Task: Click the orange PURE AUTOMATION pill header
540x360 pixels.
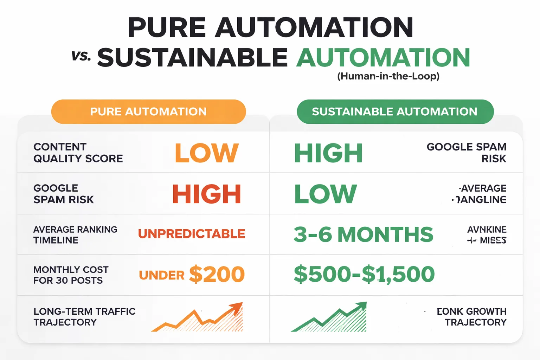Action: tap(148, 112)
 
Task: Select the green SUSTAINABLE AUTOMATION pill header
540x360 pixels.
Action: tap(395, 112)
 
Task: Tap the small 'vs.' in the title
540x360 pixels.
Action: tap(81, 56)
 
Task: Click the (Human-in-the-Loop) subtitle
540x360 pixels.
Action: tap(388, 76)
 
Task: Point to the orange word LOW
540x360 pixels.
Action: tap(207, 153)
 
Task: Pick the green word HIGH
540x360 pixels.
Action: tap(328, 153)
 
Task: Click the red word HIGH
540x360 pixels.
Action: tap(207, 194)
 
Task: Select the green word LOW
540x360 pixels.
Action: tap(325, 194)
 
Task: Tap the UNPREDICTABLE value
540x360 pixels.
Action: tap(192, 234)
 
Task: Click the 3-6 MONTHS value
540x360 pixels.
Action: tap(363, 234)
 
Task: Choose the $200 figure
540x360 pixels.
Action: tap(217, 275)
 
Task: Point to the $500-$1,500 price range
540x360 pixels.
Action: tap(364, 275)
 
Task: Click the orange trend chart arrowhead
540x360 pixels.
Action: tap(236, 308)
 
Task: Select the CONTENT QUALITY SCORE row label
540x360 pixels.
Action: tap(78, 153)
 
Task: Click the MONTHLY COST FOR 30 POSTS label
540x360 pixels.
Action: tap(71, 275)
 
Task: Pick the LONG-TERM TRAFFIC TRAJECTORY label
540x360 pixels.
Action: tap(84, 317)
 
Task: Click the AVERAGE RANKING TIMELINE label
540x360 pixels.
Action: tap(75, 235)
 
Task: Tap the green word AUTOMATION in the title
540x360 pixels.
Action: tap(383, 58)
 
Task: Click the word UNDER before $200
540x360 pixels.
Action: tap(162, 275)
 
